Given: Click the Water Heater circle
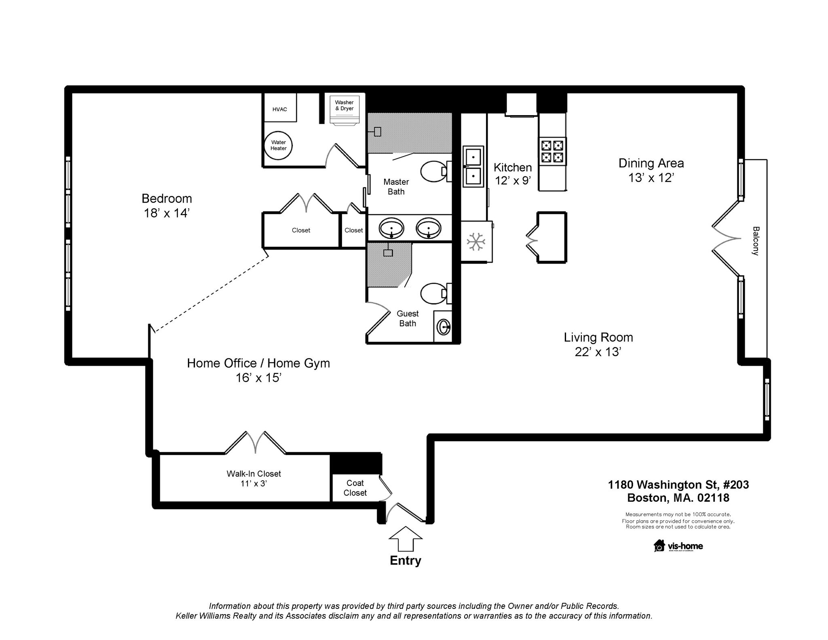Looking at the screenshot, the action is click(x=278, y=146).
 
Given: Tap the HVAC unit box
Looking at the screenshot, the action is click(x=280, y=107).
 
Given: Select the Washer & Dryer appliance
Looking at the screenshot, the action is click(x=344, y=110).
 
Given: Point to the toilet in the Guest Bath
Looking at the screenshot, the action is click(x=436, y=294).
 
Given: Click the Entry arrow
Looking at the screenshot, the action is click(x=406, y=539).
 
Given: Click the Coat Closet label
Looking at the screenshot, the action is click(x=355, y=488).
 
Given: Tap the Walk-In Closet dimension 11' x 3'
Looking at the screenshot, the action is click(x=253, y=484).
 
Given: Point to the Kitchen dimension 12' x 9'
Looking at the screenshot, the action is click(x=513, y=180).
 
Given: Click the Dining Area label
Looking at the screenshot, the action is click(x=651, y=163).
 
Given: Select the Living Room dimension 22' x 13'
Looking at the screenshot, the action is click(x=598, y=352).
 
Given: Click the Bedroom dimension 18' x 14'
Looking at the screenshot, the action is click(x=167, y=213).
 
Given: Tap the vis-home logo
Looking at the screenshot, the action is click(x=678, y=546).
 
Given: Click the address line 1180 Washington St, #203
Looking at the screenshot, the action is click(x=678, y=485).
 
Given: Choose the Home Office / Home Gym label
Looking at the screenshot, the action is click(x=258, y=363).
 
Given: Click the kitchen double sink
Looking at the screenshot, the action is click(x=473, y=167).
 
